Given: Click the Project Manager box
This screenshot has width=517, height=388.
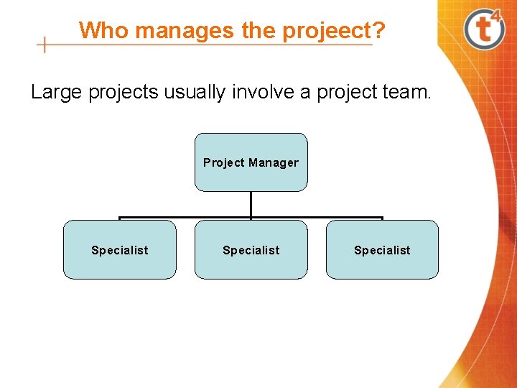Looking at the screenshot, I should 251,162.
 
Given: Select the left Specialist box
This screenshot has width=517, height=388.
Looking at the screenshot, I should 119,249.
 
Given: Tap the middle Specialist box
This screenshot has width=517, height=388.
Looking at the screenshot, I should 251,249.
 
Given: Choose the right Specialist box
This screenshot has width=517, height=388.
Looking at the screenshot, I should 382,249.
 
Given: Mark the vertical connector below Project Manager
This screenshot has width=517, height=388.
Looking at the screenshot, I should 251,204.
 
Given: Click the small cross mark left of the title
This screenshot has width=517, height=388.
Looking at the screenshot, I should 45,45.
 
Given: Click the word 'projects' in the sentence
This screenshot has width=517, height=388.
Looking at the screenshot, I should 126,93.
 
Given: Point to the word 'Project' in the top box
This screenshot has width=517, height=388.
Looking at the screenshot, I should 224,162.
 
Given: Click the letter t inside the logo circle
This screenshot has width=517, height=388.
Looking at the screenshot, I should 483,30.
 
